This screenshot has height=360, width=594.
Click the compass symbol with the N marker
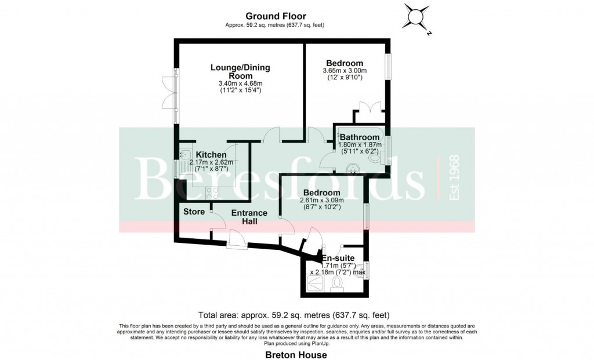416,17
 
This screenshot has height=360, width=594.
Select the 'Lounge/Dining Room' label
240,72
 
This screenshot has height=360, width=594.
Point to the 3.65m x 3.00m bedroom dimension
345,71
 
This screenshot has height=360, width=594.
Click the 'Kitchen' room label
211,155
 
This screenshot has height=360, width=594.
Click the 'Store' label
194,212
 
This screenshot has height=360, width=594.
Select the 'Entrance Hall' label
249,217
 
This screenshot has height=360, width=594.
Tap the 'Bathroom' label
360,137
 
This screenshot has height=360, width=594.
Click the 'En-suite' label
336,257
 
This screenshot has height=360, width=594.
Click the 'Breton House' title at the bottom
296,355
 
